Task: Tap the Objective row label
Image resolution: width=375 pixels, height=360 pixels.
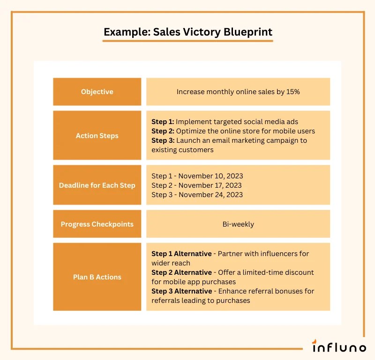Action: (x=97, y=92)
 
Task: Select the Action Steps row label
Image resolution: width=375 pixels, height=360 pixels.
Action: (x=97, y=136)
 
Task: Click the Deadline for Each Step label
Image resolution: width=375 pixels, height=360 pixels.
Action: (x=97, y=185)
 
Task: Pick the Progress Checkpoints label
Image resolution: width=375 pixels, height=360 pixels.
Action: (x=97, y=224)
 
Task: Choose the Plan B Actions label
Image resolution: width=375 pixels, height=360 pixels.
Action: (x=97, y=277)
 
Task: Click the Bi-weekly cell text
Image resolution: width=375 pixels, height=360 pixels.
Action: (x=238, y=224)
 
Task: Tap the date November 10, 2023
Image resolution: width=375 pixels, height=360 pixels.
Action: (x=210, y=176)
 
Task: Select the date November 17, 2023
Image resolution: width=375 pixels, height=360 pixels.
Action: (x=210, y=185)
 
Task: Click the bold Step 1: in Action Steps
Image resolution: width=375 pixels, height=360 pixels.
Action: (x=163, y=122)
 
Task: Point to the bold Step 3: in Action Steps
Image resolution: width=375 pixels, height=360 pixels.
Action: (x=163, y=140)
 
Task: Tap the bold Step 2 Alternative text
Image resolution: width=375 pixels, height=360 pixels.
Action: (x=181, y=272)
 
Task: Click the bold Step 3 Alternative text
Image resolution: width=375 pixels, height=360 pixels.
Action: (x=181, y=291)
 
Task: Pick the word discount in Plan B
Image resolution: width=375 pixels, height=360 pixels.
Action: (x=299, y=272)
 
